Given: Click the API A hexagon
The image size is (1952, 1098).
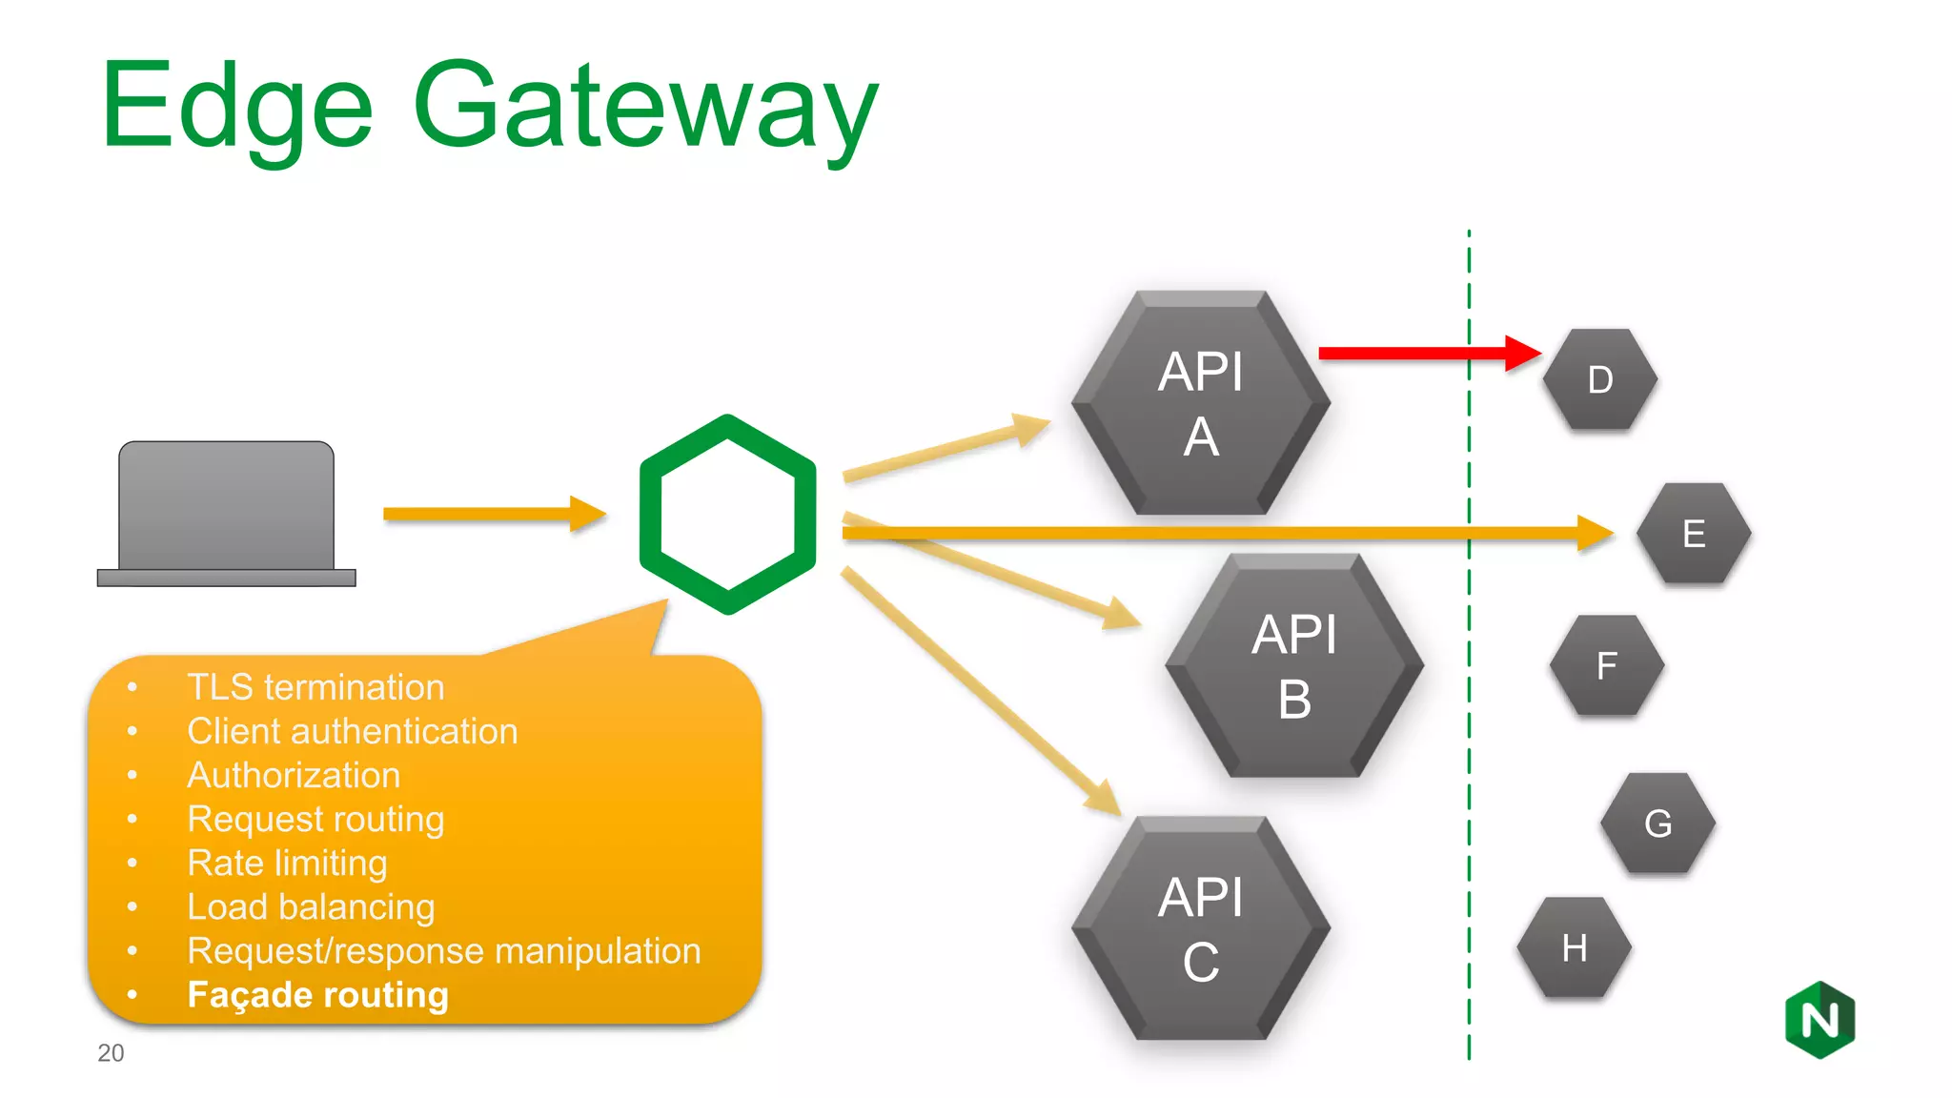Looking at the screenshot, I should pyautogui.click(x=1200, y=403).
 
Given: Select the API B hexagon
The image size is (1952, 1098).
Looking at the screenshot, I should pyautogui.click(x=1293, y=666).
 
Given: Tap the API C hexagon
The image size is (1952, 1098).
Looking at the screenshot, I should pyautogui.click(x=1200, y=928).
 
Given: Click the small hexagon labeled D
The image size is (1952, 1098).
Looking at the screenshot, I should pyautogui.click(x=1599, y=379).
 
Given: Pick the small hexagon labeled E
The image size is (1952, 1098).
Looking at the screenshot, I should pyautogui.click(x=1693, y=534).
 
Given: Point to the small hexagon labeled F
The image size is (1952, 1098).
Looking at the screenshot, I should pyautogui.click(x=1606, y=665).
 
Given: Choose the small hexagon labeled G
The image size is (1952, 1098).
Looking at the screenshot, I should pyautogui.click(x=1657, y=823).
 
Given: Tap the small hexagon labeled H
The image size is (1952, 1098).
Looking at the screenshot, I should pyautogui.click(x=1574, y=947).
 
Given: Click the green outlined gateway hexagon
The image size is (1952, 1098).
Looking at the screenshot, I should pyautogui.click(x=727, y=515).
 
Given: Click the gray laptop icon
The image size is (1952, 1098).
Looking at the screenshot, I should pyautogui.click(x=226, y=513).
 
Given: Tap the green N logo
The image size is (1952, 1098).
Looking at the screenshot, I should pyautogui.click(x=1820, y=1020).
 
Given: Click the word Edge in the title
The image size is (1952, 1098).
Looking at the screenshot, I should pyautogui.click(x=236, y=107).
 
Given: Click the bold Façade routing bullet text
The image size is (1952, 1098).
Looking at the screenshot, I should pyautogui.click(x=317, y=994).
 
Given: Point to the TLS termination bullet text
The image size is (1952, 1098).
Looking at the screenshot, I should pyautogui.click(x=315, y=687).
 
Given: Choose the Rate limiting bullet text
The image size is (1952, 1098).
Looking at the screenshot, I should pyautogui.click(x=287, y=863).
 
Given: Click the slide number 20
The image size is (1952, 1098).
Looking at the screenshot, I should pyautogui.click(x=111, y=1052).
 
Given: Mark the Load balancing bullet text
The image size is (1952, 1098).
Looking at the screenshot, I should pyautogui.click(x=311, y=906).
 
